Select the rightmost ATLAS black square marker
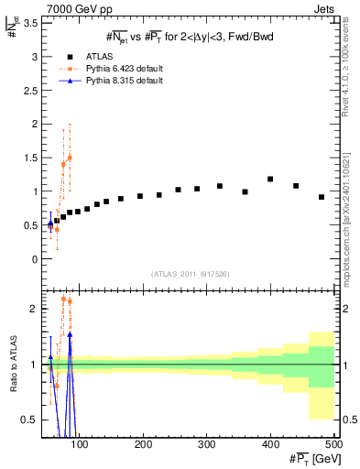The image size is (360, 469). coord(322,197)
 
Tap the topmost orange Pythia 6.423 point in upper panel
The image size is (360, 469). coord(70,158)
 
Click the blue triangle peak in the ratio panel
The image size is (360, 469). coord(70,334)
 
